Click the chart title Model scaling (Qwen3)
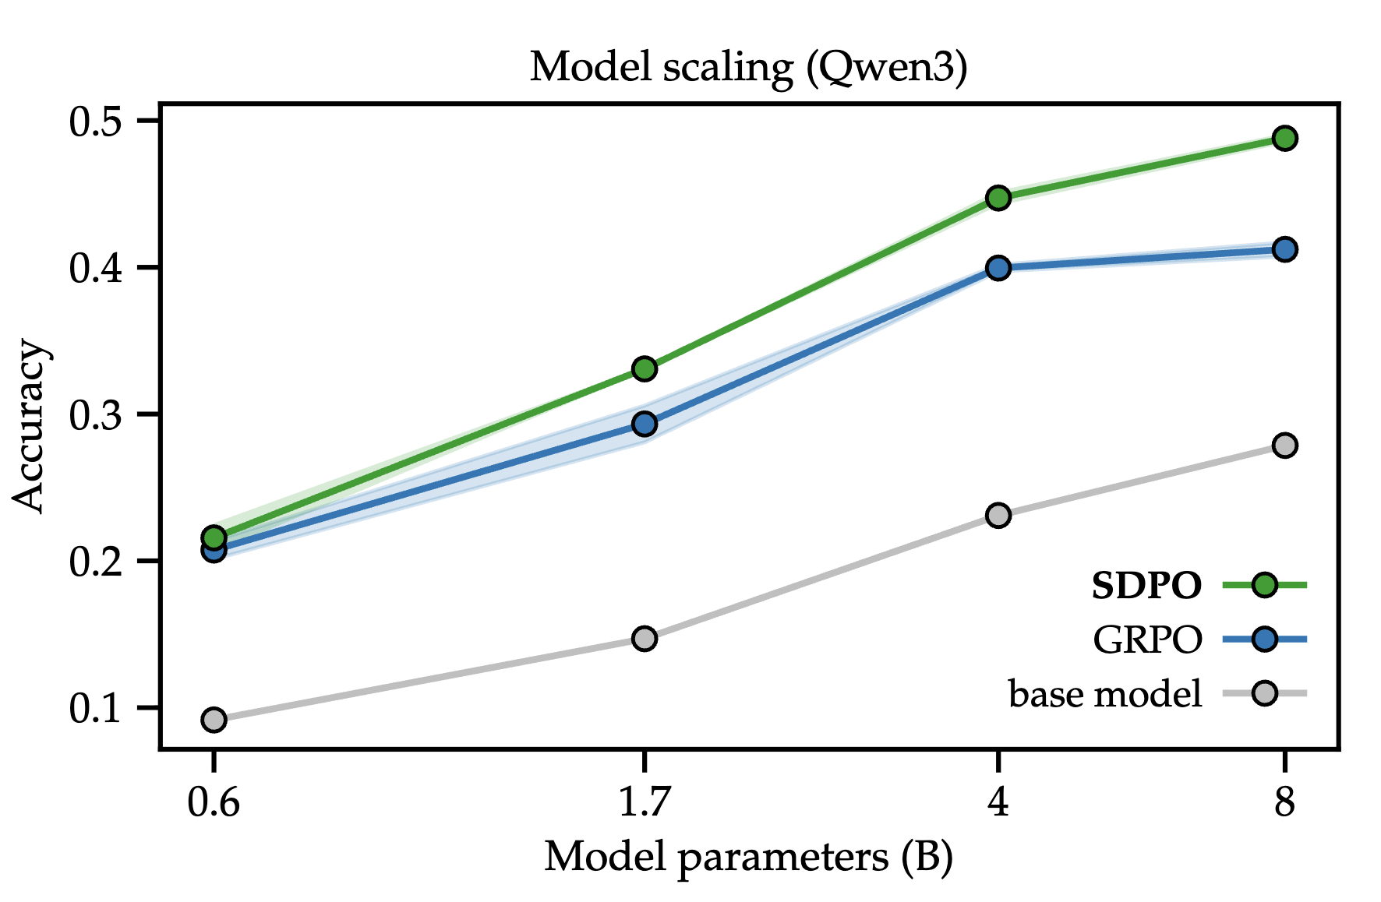tap(748, 67)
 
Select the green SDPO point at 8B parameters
tap(1284, 139)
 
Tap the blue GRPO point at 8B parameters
tap(1284, 249)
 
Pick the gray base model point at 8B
tap(1284, 446)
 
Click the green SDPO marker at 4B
tap(998, 198)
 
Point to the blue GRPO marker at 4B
tap(998, 269)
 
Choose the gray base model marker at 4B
tap(998, 516)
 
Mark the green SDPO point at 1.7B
tap(645, 368)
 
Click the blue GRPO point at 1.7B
tap(645, 425)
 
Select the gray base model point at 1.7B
tap(645, 639)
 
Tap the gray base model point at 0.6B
tap(214, 720)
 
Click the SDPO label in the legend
tap(1146, 586)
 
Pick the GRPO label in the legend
tap(1147, 640)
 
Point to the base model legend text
tap(1105, 693)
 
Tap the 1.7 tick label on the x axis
tap(645, 802)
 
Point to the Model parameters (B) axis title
tap(748, 858)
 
